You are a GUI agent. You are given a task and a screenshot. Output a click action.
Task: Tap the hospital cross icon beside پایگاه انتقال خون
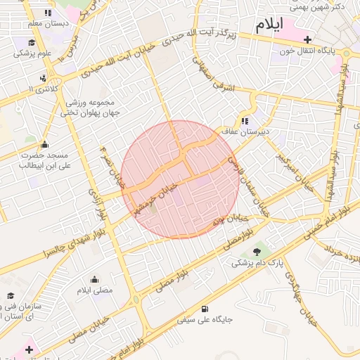tap(307, 39)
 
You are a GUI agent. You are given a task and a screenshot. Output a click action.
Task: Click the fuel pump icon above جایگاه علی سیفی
tap(205, 309)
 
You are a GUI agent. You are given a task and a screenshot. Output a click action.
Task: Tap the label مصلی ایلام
tap(94, 290)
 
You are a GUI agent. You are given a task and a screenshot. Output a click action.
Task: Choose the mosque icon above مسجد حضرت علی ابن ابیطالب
tap(44, 144)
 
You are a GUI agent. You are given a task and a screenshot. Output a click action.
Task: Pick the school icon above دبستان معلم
tap(47, 13)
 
